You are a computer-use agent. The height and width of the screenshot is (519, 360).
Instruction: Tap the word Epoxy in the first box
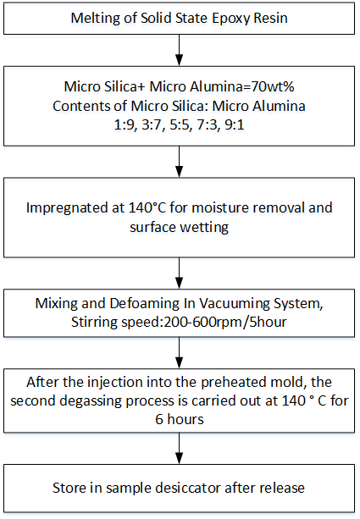(x=231, y=19)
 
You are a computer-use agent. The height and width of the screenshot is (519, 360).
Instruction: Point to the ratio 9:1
(x=235, y=125)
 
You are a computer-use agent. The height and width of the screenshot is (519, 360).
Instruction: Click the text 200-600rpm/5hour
(x=225, y=322)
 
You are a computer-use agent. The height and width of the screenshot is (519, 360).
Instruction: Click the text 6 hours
(x=180, y=419)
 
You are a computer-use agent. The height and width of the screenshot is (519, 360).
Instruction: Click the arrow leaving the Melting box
(x=180, y=50)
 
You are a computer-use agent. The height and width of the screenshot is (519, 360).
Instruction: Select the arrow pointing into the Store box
(x=180, y=449)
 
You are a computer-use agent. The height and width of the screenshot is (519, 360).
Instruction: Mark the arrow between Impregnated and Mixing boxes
(x=180, y=273)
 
